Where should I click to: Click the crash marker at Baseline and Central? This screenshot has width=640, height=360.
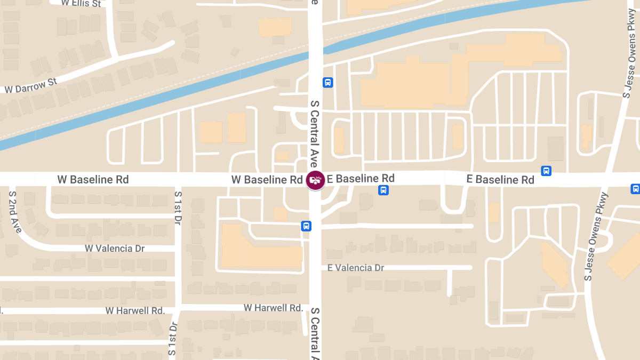pos(315,180)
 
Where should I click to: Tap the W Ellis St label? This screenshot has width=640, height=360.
pos(81,4)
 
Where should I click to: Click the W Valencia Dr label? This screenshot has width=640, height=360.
pos(115,249)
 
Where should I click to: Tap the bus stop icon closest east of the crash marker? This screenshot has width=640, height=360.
pos(383,190)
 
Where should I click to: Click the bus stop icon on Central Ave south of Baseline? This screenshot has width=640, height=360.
pos(306,226)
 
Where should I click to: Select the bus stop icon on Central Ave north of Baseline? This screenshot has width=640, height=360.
pos(327,83)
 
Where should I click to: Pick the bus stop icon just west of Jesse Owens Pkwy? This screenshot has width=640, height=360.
pos(546,171)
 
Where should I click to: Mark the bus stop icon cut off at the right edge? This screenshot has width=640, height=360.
pos(635,189)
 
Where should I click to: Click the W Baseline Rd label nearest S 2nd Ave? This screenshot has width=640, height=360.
pos(93,180)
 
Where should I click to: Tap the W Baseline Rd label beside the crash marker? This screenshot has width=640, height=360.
pos(267,180)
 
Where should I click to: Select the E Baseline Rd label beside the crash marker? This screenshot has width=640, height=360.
pos(361,178)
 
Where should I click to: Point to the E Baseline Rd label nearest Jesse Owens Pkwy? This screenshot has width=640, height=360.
pos(500,180)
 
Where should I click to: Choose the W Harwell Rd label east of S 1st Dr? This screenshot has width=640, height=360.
pos(274,308)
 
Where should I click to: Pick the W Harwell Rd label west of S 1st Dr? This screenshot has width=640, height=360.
pos(135,310)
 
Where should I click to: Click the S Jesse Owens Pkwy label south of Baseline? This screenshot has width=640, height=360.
pos(596,236)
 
